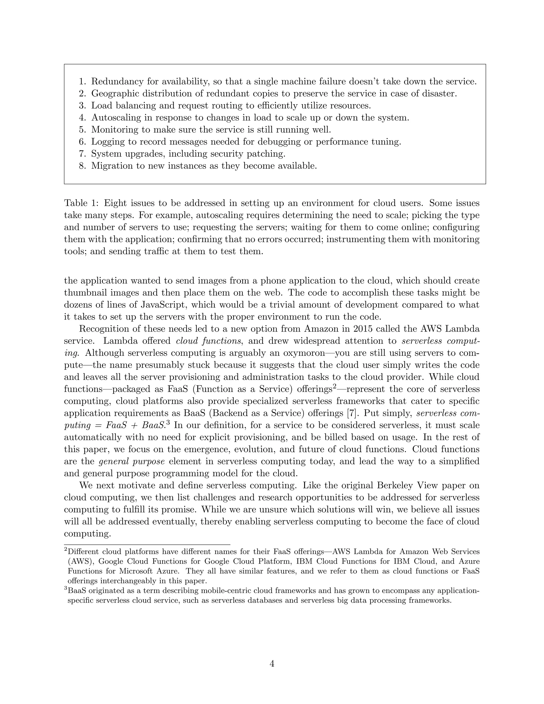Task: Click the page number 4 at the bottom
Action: point(272,663)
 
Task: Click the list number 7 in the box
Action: point(82,154)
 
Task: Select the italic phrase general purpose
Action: point(132,461)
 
